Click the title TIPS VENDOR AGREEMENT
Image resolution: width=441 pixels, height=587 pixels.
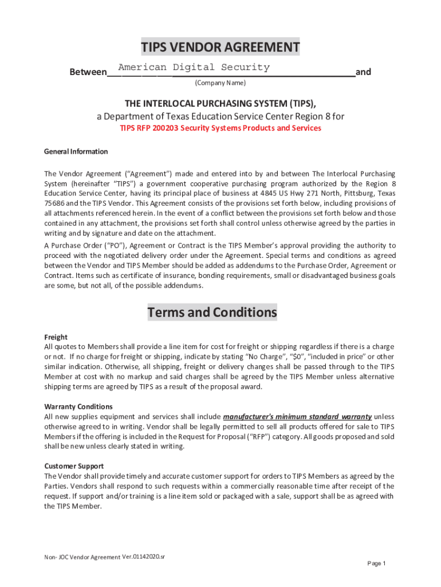(x=220, y=47)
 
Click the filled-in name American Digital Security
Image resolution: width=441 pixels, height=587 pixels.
(x=194, y=67)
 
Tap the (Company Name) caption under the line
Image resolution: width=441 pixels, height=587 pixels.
(x=220, y=83)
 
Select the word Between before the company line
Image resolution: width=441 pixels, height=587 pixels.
(x=88, y=72)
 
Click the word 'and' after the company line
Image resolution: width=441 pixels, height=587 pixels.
(x=363, y=72)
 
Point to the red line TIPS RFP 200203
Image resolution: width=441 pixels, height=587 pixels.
(x=220, y=128)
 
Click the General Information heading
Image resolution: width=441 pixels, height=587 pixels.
(x=76, y=151)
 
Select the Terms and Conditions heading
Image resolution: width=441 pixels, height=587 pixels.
(x=212, y=312)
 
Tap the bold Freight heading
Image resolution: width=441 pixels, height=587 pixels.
(x=56, y=337)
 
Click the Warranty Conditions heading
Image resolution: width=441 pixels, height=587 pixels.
(x=74, y=406)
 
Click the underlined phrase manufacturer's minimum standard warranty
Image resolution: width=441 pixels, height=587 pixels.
(x=297, y=416)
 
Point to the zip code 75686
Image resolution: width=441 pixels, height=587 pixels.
(x=55, y=203)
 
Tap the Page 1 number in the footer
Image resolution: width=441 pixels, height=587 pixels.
(x=376, y=563)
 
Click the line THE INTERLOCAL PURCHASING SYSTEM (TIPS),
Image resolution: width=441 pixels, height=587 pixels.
(x=220, y=103)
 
